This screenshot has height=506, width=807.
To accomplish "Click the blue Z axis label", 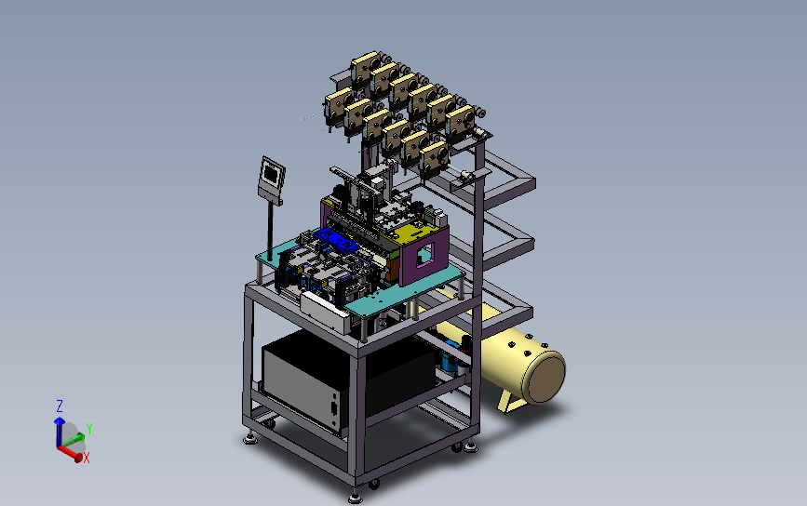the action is (60, 406).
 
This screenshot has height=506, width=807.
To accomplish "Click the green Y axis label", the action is (89, 429).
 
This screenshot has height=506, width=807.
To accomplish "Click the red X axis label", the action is (87, 458).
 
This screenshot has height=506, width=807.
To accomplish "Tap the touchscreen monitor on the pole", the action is (271, 180).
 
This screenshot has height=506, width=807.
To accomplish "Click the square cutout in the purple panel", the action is (425, 254).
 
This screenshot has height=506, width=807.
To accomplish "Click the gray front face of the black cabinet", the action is (301, 383).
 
